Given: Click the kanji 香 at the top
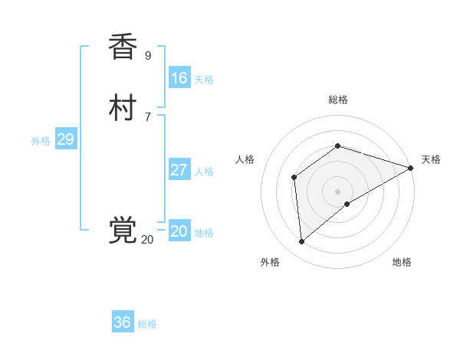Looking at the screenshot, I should [x=123, y=47].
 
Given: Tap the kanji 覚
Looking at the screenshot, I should [x=123, y=231].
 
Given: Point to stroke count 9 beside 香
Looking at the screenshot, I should [x=148, y=56].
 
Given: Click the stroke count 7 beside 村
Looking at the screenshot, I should [x=148, y=117].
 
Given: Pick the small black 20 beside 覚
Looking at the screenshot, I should [x=147, y=240].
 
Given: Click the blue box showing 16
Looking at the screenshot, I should [x=179, y=78].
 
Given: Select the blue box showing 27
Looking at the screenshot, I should [x=179, y=170].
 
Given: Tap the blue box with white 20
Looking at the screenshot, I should [x=179, y=231].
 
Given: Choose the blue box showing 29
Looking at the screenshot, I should [x=65, y=139].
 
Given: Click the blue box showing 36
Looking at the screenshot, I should [x=123, y=322].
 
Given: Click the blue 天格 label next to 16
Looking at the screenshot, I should [x=203, y=80].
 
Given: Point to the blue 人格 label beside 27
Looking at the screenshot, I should [x=203, y=172].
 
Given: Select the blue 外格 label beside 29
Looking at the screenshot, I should [x=41, y=141].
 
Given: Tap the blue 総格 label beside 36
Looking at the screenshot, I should [x=147, y=324].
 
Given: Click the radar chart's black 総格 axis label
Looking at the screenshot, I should [x=337, y=100].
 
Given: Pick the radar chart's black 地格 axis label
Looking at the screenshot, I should [x=402, y=263].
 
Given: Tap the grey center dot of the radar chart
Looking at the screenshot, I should [x=337, y=191].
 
